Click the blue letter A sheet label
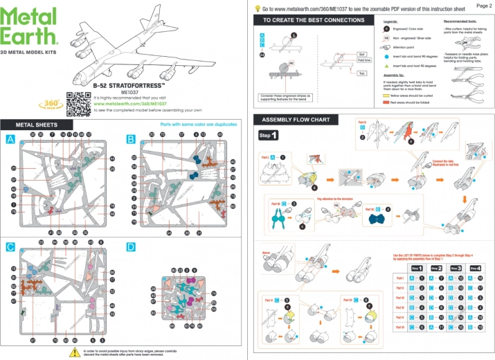(x=10, y=139)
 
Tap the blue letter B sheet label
(x=130, y=139)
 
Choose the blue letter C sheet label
(x=10, y=246)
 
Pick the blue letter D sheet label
(x=130, y=246)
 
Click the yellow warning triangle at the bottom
(x=74, y=352)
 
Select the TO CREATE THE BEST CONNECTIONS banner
(x=309, y=21)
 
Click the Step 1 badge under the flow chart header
(x=268, y=135)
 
